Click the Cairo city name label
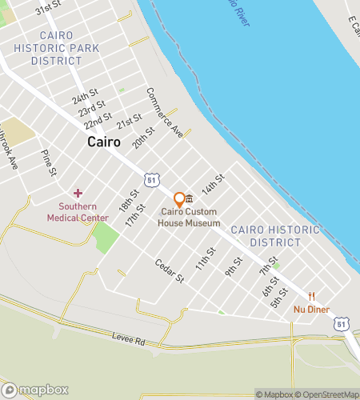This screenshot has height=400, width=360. click(103, 142)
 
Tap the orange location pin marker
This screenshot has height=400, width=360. click(179, 199)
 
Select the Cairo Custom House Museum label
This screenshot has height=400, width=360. click(190, 218)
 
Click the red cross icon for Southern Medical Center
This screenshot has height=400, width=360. click(78, 193)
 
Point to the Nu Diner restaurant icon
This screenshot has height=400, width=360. click(312, 295)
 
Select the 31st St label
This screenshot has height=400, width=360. click(49, 10)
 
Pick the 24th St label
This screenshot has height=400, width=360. click(84, 97)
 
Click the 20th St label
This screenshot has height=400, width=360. click(144, 138)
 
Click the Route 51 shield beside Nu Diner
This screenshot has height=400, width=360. click(342, 323)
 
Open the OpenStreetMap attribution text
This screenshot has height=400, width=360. click(330, 394)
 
